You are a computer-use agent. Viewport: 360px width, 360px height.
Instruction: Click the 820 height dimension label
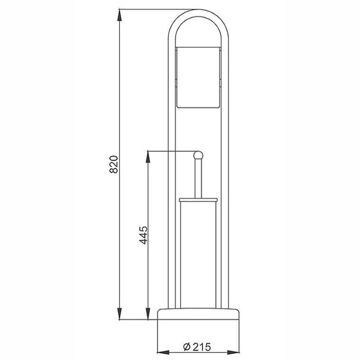coord(114,164)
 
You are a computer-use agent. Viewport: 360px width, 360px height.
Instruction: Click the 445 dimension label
coord(144,235)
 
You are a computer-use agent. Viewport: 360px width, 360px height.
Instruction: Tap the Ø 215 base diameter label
coord(197,347)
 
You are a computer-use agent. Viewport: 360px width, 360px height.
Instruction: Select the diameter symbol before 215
coord(187,347)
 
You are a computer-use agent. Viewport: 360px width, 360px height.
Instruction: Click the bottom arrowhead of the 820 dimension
coord(120,313)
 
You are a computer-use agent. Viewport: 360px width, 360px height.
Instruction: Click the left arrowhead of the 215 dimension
coord(163,352)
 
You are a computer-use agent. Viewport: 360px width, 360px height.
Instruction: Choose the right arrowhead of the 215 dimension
coord(233,352)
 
